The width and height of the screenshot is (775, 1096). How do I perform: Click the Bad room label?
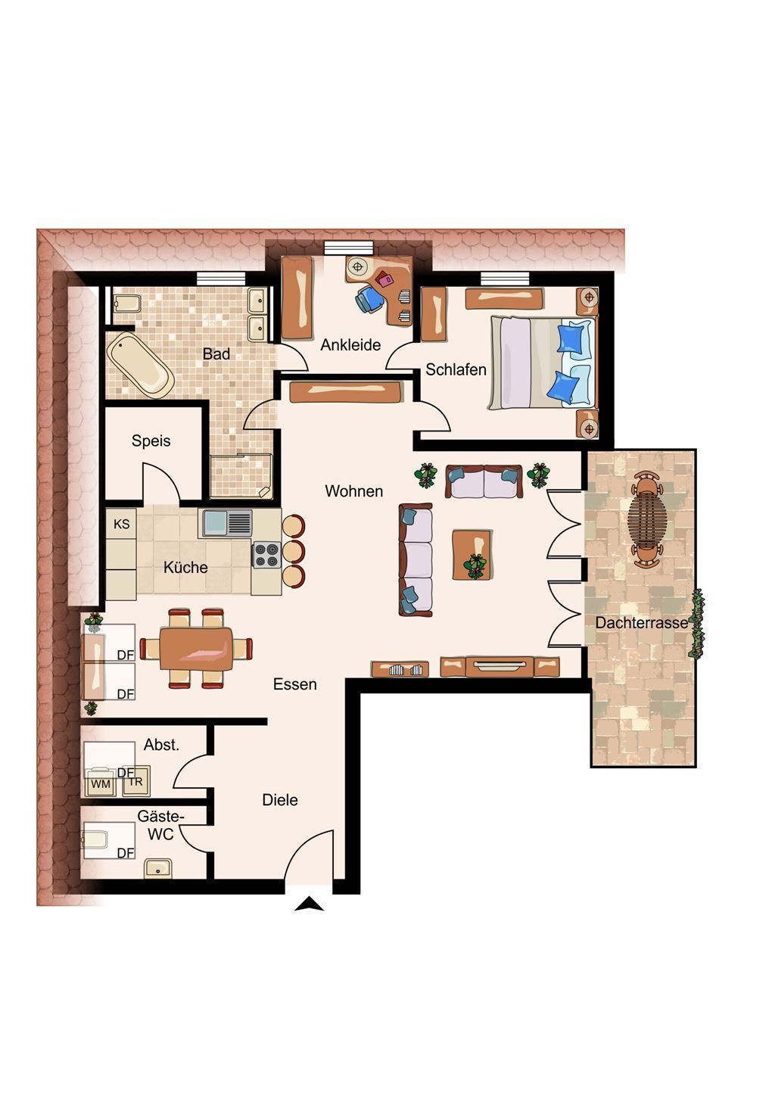tap(216, 353)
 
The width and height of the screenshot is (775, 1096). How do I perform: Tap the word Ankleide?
tap(350, 345)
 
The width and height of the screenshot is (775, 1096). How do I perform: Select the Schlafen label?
tap(456, 369)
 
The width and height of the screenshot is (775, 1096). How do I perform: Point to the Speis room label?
tap(151, 441)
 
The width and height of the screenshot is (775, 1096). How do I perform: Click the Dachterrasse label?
tap(642, 623)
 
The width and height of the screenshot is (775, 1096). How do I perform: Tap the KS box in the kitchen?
tap(121, 524)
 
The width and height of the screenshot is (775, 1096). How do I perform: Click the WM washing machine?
tap(101, 784)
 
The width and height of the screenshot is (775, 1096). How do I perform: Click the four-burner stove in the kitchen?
tap(266, 556)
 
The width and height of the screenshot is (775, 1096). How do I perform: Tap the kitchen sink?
tap(226, 523)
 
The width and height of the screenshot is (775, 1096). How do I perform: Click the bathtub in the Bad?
tap(141, 365)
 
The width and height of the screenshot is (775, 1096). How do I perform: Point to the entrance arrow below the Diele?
tap(310, 905)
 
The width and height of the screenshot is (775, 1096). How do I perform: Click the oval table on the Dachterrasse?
tap(647, 518)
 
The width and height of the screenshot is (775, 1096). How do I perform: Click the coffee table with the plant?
tap(472, 554)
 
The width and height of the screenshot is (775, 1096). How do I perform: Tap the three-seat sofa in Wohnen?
tap(416, 559)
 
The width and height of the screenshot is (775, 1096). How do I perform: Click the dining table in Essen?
tap(196, 649)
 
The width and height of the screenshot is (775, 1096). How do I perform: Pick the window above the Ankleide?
tap(348, 248)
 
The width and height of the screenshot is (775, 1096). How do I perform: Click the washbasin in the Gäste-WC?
tap(158, 868)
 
